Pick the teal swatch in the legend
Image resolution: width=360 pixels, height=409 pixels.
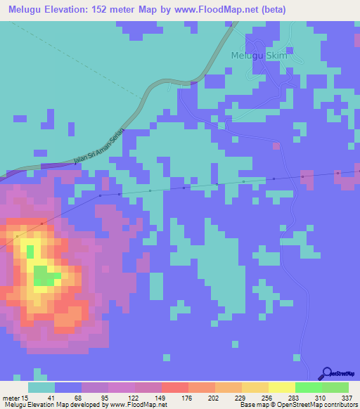click(41, 387)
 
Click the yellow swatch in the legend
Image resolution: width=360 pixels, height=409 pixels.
click(282, 387)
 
